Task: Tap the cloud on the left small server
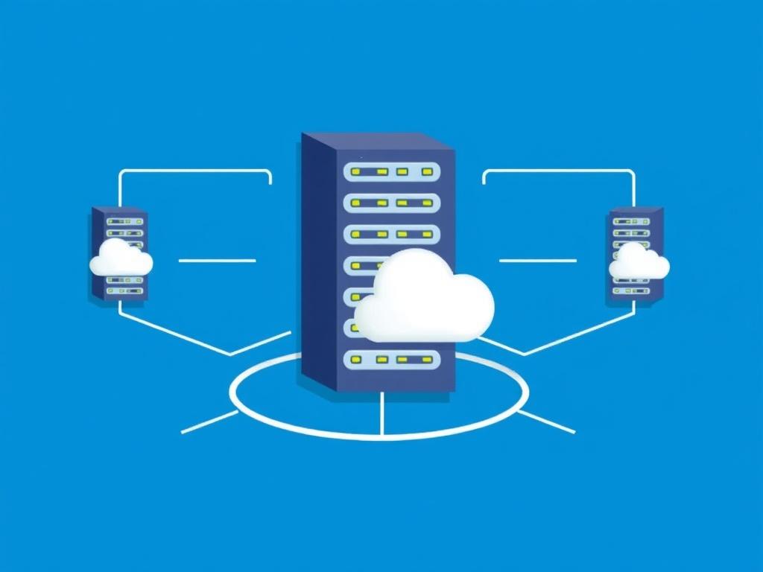[121, 259]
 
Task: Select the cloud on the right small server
[639, 262]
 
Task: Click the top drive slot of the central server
[392, 171]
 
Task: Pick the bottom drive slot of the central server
[392, 360]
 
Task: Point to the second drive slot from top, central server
[392, 203]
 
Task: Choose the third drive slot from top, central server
[392, 234]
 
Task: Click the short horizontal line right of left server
[217, 261]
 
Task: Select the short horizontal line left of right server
[537, 261]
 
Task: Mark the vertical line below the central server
[381, 414]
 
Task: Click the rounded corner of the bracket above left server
[121, 173]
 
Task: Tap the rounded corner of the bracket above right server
[632, 173]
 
